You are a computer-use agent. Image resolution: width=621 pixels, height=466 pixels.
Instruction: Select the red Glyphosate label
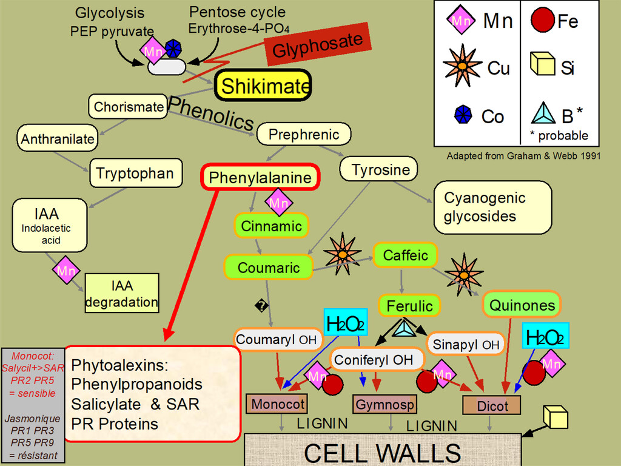coord(317,45)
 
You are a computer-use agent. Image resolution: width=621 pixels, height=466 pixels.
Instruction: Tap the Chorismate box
coord(128,107)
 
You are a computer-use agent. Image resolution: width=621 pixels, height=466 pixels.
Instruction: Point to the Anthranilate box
coord(58,139)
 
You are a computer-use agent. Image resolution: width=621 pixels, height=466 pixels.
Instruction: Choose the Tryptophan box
coord(135,174)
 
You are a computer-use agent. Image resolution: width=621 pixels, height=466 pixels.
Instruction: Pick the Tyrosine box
coord(381,170)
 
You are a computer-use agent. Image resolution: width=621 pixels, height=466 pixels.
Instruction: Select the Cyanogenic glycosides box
coord(492,208)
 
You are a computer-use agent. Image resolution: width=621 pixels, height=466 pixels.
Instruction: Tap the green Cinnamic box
coord(271,226)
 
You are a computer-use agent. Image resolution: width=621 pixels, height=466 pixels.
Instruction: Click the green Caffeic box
coord(405,255)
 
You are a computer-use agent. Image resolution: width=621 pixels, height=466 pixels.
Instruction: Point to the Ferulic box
coord(410,305)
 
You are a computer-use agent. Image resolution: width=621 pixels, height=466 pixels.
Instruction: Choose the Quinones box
coord(522,305)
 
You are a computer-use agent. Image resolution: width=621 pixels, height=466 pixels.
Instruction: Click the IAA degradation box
coord(121,293)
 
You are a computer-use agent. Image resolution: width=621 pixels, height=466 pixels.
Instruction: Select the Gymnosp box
coord(384,404)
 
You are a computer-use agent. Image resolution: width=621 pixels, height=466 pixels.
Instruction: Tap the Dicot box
coord(492,405)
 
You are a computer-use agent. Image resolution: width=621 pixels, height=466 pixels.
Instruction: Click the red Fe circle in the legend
coord(542,22)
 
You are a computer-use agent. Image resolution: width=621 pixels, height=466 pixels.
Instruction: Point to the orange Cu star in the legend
coord(463,65)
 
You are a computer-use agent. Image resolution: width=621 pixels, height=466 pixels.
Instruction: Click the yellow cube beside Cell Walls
coord(556,417)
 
